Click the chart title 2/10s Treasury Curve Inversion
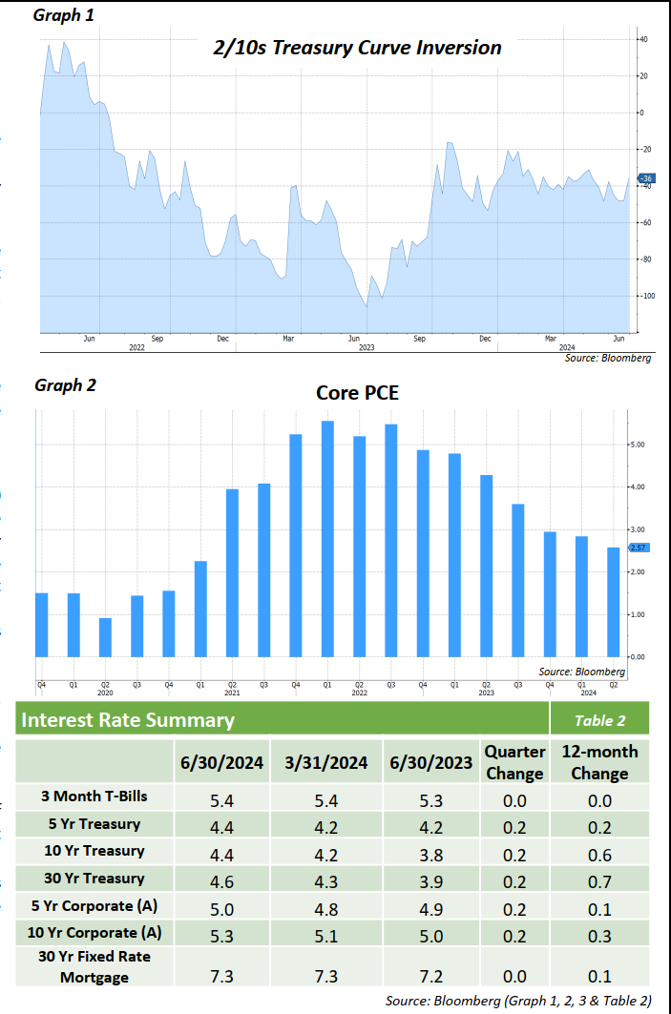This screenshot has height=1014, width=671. tap(357, 47)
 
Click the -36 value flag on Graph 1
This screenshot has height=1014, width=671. tap(645, 178)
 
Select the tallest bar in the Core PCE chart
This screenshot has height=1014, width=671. tap(327, 539)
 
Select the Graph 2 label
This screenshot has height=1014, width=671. tap(65, 385)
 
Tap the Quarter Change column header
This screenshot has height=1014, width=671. tap(514, 762)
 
